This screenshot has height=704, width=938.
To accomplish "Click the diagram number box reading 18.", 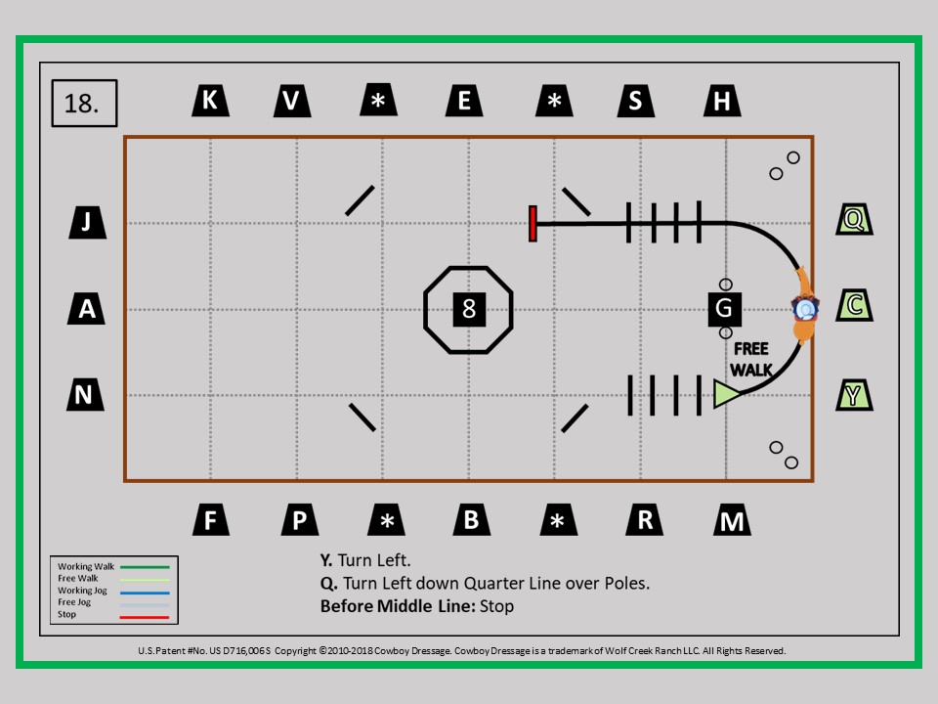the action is coord(84,103).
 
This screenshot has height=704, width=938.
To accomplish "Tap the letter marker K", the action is coord(211,100).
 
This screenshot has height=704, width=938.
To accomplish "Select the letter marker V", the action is coord(292,101).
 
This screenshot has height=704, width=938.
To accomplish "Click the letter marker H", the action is coord(722,101).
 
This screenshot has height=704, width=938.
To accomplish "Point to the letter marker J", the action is coord(87,223).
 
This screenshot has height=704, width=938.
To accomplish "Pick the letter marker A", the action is coord(86,309).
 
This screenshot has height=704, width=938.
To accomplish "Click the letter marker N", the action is coord(85,394).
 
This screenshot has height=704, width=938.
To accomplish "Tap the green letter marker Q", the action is coord(854,219).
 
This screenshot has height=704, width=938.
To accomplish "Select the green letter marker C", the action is coord(854,305).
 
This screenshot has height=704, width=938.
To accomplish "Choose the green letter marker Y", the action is coord(854,394).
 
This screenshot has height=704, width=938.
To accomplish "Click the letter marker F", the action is coord(211,519).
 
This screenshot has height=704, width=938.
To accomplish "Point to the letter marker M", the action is coord(732,519).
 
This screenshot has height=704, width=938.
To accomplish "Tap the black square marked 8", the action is coord(469,310).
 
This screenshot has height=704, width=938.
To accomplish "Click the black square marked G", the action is coord(724,309).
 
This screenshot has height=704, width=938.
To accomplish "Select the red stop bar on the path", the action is coord(533,224).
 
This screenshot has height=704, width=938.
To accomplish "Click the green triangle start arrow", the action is coord(727,394).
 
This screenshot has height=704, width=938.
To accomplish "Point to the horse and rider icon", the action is coord(804,305).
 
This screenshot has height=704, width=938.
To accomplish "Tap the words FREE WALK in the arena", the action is coord(751,359).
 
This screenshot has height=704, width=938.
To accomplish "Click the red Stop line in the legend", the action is coord(145,617).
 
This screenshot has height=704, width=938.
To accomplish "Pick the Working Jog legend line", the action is coord(145,593).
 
